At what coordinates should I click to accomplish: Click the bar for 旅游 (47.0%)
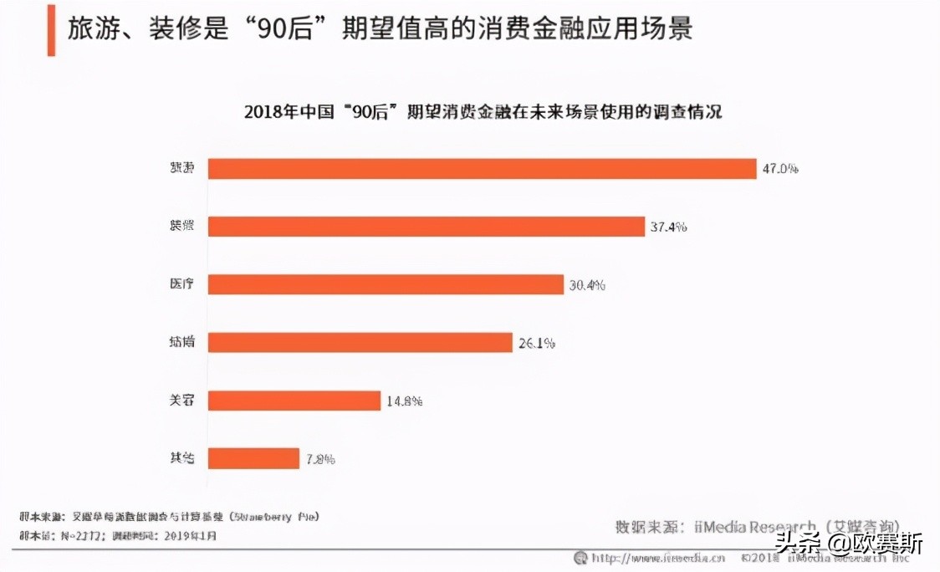482,169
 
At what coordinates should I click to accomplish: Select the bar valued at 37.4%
426,227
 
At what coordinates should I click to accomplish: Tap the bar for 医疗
386,284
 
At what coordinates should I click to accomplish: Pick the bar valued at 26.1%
360,343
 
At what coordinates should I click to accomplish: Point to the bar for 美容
294,401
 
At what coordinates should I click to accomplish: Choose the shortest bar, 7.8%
253,458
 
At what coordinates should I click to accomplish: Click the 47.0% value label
779,169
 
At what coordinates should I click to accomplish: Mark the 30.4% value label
587,285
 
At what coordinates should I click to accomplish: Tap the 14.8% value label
404,401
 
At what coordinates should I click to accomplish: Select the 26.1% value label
535,343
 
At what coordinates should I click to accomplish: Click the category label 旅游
181,168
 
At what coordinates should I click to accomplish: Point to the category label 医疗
181,284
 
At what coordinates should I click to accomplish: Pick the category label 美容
181,401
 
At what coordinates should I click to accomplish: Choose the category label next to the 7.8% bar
181,458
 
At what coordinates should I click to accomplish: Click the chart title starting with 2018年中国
483,112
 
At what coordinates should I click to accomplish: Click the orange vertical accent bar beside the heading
51,30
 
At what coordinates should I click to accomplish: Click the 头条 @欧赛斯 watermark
848,544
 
